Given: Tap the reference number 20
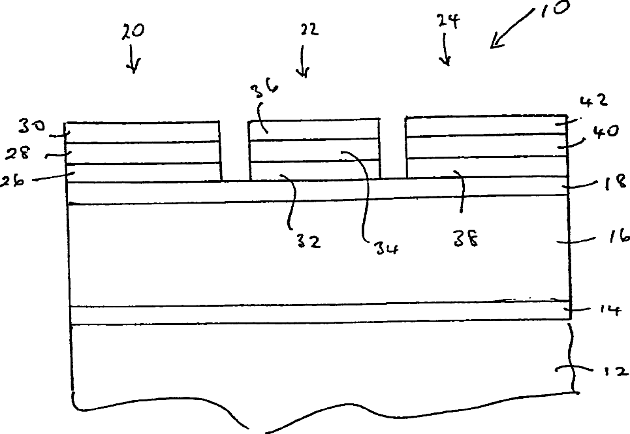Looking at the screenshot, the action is (133, 31).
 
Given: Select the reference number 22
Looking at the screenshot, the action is (309, 29).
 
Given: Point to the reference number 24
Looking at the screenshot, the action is (448, 22).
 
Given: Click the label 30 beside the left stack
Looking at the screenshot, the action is (31, 127).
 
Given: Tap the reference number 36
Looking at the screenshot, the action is (265, 90).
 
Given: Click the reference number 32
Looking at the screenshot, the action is (309, 241).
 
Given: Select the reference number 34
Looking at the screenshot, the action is (386, 249).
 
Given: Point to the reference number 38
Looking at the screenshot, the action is (466, 240).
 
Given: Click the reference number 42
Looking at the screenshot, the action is (594, 101).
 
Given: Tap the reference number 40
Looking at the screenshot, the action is (606, 132).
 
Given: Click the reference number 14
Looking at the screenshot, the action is (610, 309).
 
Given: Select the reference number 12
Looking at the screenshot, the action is (616, 372).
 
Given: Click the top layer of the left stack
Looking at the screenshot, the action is (142, 132).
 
